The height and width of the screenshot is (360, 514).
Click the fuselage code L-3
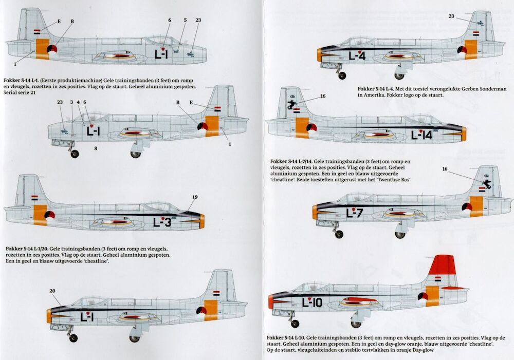click(162, 223)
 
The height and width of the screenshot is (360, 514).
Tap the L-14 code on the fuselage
click(422, 135)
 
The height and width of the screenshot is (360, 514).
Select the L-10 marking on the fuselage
click(312, 302)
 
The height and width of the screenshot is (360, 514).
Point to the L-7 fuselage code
click(354, 213)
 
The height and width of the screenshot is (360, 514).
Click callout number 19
click(195, 197)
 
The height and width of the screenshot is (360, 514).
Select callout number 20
click(52, 291)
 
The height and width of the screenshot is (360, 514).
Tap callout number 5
click(185, 20)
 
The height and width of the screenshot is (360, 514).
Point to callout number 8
click(96, 148)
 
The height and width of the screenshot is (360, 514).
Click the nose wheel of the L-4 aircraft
click(342, 75)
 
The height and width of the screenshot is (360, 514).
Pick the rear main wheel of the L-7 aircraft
click(400, 235)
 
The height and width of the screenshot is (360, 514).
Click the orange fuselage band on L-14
click(302, 127)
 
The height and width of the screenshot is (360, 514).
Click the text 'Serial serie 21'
click(20, 93)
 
